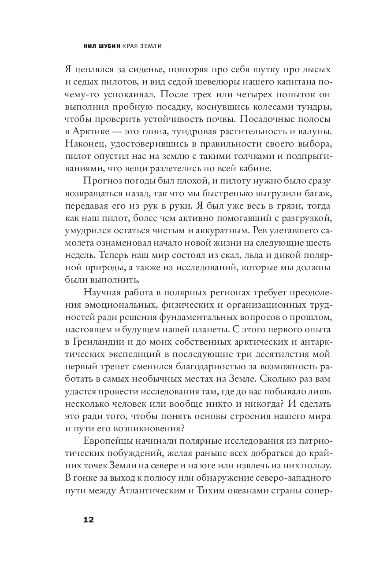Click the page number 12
(89, 519)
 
